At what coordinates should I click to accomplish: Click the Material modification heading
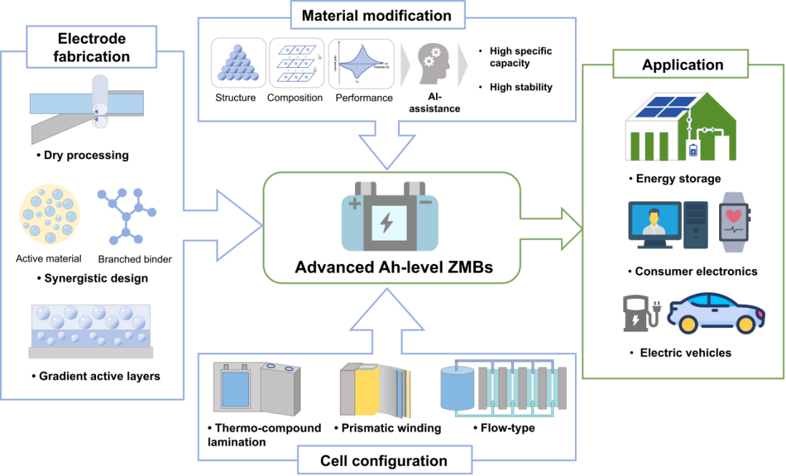click(x=376, y=15)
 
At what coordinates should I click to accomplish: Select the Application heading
click(x=682, y=65)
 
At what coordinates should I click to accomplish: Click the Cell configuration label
click(x=384, y=461)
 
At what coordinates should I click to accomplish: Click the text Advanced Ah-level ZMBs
click(x=393, y=268)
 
